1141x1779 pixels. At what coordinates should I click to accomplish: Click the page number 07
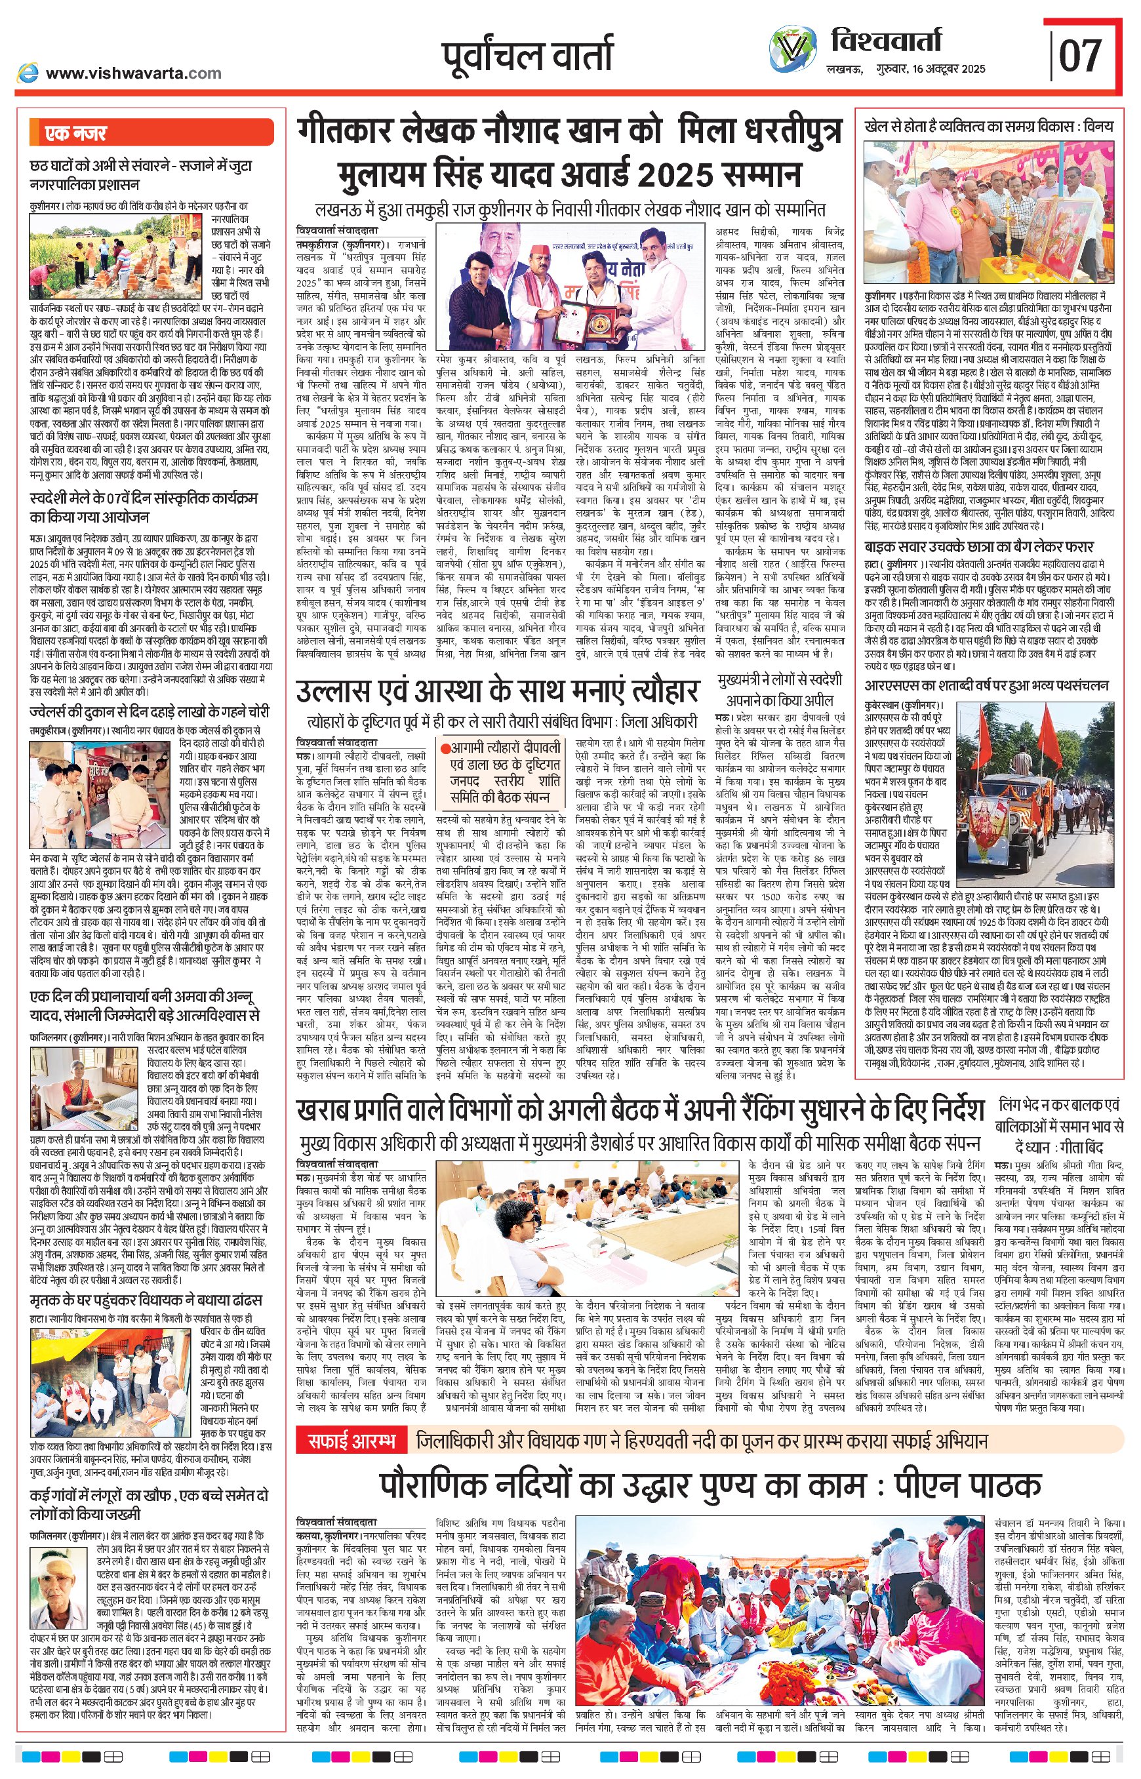point(1080,55)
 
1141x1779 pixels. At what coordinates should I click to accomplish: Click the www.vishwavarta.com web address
point(133,73)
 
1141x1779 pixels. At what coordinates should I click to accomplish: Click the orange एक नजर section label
point(75,133)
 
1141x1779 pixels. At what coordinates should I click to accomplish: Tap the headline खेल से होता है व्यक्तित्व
point(988,127)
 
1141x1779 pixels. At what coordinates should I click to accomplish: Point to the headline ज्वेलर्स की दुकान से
point(149,712)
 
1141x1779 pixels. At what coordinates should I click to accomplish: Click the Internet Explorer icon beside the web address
point(28,73)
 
